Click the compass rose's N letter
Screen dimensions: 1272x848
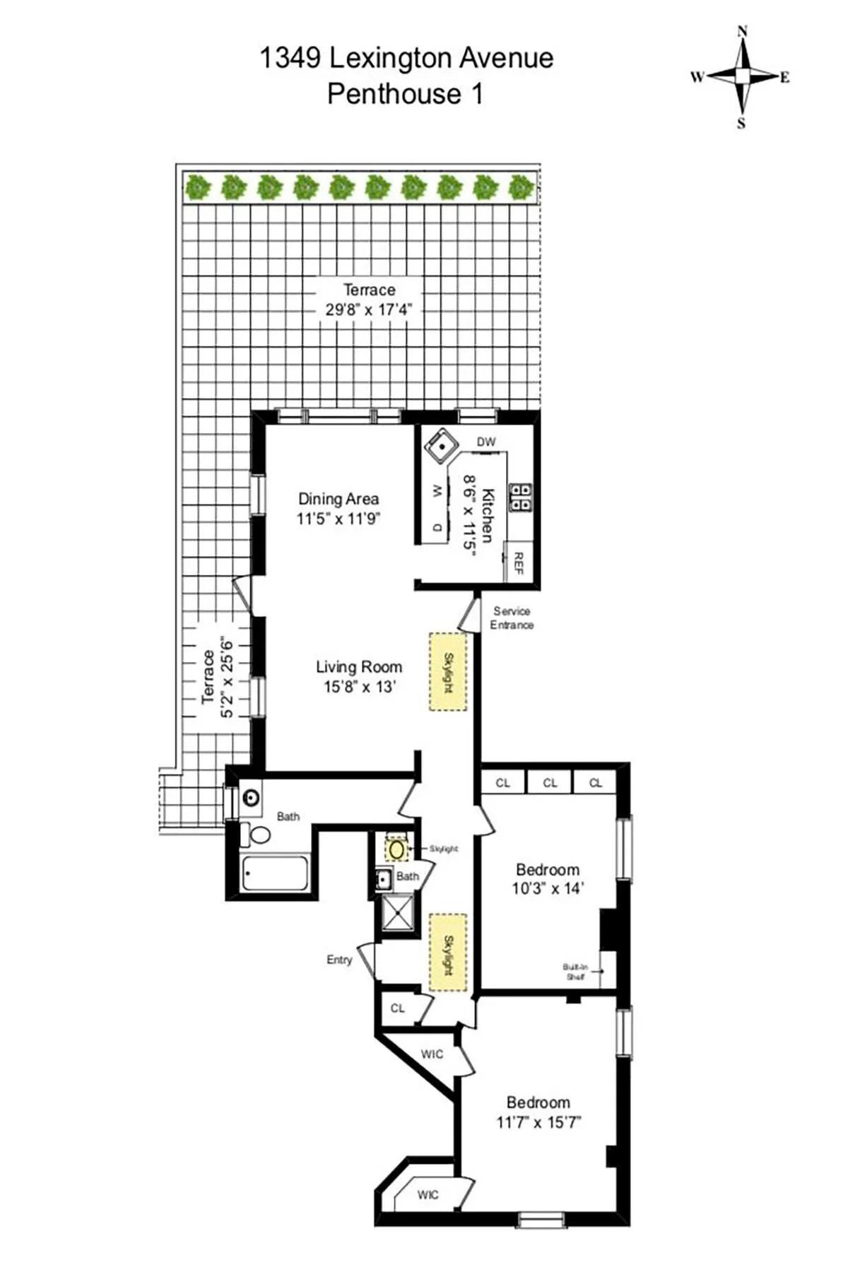[742, 31]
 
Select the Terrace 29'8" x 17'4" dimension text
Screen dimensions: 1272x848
[368, 310]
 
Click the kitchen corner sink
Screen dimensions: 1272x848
[441, 445]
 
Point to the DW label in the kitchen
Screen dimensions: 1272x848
[486, 442]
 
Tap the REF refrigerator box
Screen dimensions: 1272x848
[518, 563]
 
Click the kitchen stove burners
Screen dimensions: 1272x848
[522, 496]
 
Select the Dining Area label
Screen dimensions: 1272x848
[338, 499]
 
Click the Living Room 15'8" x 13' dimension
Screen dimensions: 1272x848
[359, 687]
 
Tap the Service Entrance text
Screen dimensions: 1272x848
[512, 618]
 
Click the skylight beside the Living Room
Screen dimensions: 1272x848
[448, 671]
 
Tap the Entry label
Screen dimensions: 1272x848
[339, 960]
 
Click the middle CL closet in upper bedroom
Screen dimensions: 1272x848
[550, 782]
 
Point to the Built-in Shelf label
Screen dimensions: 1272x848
[575, 972]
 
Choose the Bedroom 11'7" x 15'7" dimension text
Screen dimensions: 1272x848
[538, 1122]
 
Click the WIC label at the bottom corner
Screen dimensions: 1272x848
[428, 1195]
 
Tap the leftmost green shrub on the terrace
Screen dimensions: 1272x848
[199, 188]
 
